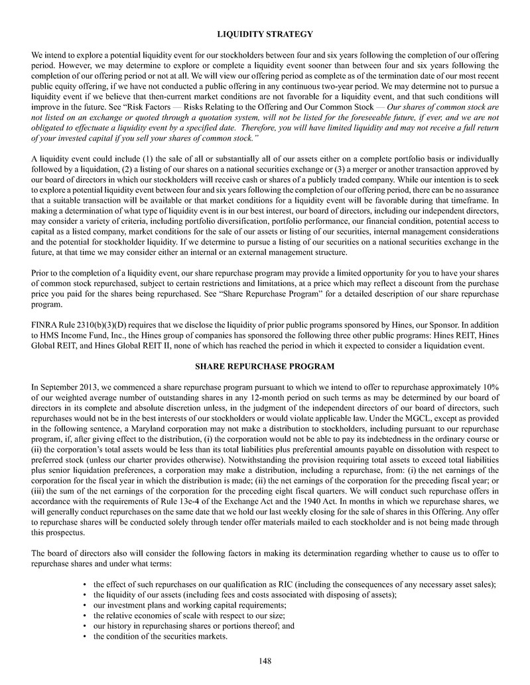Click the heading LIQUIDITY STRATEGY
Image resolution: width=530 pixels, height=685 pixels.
pos(265,34)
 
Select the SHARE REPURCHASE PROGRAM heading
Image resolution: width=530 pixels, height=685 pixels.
pos(265,366)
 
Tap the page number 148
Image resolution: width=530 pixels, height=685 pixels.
pos(265,660)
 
